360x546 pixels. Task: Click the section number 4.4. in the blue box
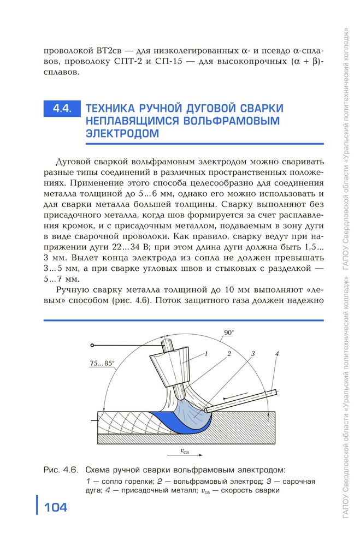pos(61,108)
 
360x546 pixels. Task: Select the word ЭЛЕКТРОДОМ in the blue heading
pos(123,133)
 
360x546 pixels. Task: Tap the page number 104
pos(55,508)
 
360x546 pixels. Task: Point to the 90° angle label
pos(228,332)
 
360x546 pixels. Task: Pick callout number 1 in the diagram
pos(207,354)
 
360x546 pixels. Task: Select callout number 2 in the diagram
pos(229,354)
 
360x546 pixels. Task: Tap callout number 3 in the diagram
pos(253,354)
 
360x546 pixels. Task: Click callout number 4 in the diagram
pos(277,354)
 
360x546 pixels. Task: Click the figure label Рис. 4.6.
pos(61,470)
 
